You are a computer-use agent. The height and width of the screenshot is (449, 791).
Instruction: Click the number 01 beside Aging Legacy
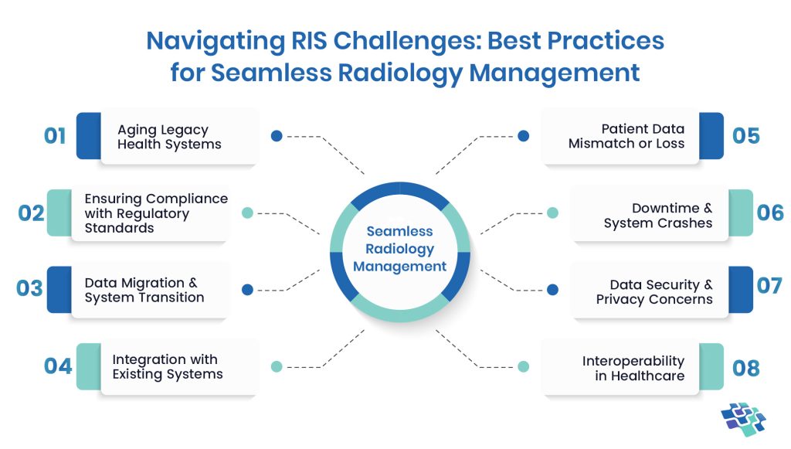pyautogui.click(x=54, y=137)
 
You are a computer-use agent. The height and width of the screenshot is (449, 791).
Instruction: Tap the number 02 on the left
pyautogui.click(x=31, y=213)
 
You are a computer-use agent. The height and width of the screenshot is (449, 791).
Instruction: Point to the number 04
pyautogui.click(x=58, y=365)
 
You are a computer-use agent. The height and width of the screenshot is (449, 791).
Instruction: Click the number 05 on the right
pyautogui.click(x=746, y=136)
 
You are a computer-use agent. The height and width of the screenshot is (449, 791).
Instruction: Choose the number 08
pyautogui.click(x=746, y=368)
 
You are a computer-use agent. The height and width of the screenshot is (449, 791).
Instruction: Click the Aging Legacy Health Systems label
pyautogui.click(x=169, y=137)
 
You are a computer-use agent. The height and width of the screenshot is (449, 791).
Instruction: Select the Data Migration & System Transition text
pyautogui.click(x=144, y=290)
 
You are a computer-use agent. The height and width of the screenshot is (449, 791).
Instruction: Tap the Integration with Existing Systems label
pyautogui.click(x=167, y=366)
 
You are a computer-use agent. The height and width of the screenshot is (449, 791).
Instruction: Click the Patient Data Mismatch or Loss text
pyautogui.click(x=626, y=136)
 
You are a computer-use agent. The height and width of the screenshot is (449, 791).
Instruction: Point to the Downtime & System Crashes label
pyautogui.click(x=658, y=216)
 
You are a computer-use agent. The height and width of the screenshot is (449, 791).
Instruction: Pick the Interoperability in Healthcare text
pyautogui.click(x=633, y=368)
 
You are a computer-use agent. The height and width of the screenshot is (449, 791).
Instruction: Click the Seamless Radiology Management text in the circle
pyautogui.click(x=400, y=249)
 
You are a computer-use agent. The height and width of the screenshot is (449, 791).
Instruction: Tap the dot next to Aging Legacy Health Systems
pyautogui.click(x=276, y=136)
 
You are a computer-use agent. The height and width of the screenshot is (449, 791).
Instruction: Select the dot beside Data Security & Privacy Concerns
pyautogui.click(x=552, y=290)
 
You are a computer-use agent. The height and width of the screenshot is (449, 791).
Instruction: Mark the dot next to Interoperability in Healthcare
pyautogui.click(x=523, y=366)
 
